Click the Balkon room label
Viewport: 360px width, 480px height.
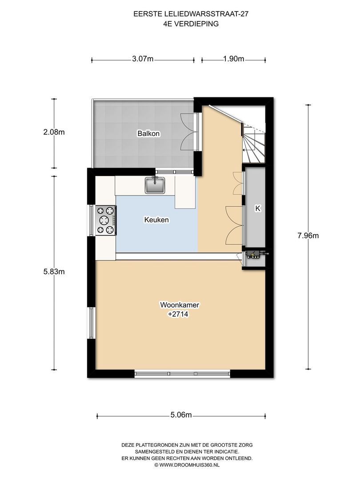point(148,133)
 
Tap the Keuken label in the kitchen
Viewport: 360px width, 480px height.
point(156,220)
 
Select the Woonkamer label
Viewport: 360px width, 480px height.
point(180,305)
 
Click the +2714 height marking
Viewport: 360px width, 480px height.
point(178,314)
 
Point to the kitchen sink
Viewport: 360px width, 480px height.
point(155,185)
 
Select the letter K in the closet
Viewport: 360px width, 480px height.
point(258,208)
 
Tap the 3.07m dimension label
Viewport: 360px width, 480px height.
point(143,59)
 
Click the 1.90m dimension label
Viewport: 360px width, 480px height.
point(234,59)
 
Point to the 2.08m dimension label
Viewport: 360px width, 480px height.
point(54,132)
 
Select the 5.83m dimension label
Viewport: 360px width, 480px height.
point(54,272)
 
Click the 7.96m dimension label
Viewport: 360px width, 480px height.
point(308,236)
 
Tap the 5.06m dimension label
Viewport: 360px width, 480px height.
point(181,415)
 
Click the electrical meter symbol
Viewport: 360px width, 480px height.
point(253,255)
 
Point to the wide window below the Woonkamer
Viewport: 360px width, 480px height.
point(183,374)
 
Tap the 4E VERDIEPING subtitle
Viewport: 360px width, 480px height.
point(191,24)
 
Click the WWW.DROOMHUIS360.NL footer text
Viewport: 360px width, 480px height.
point(188,465)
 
